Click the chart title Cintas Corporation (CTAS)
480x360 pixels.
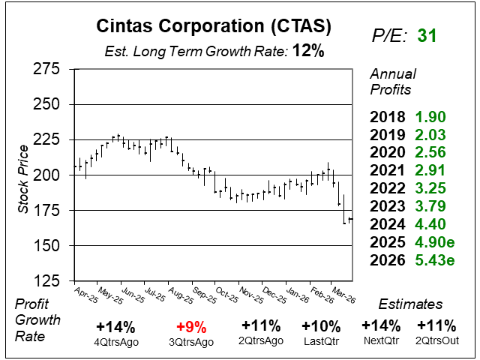[x=213, y=27]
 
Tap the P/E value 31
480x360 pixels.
[x=427, y=35]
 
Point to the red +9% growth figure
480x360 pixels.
[x=191, y=327]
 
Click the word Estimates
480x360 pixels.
[x=411, y=304]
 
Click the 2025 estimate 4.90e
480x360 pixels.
[x=434, y=242]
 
